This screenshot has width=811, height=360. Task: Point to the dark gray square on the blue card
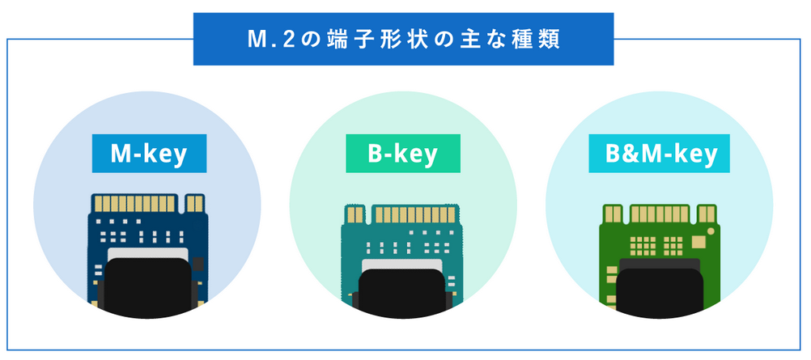[x=197, y=264]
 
